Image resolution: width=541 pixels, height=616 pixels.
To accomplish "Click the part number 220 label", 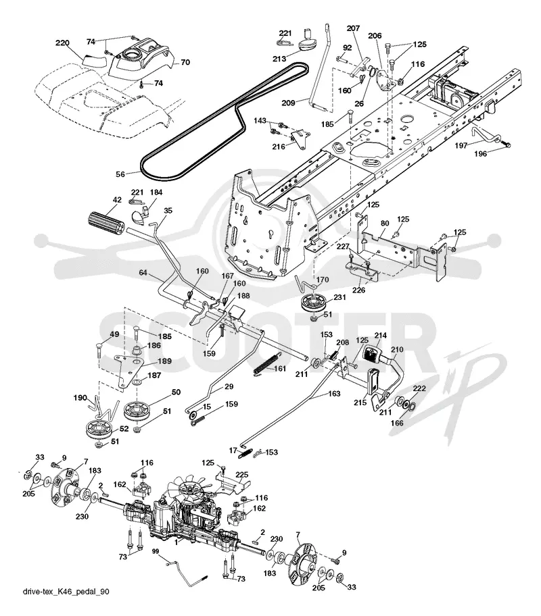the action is pyautogui.click(x=63, y=43).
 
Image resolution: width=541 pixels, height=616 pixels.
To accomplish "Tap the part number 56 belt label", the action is pyautogui.click(x=120, y=174).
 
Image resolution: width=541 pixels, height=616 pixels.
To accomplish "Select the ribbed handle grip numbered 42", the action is pyautogui.click(x=105, y=224).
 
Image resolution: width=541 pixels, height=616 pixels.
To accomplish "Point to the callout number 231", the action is pyautogui.click(x=339, y=297).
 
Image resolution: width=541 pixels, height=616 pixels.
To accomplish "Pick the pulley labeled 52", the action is pyautogui.click(x=101, y=430).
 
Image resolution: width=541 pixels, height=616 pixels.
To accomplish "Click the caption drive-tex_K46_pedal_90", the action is pyautogui.click(x=66, y=592).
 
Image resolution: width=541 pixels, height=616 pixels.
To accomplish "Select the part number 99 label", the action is pyautogui.click(x=156, y=551).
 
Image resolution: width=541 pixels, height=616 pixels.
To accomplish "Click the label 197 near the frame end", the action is pyautogui.click(x=461, y=145).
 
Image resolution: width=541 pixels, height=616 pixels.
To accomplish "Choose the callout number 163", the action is pyautogui.click(x=334, y=394).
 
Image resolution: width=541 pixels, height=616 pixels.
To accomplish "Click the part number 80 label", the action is pyautogui.click(x=385, y=224).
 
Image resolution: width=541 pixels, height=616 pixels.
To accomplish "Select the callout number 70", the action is pyautogui.click(x=185, y=62).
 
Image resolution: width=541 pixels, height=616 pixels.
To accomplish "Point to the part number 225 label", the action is pyautogui.click(x=242, y=475).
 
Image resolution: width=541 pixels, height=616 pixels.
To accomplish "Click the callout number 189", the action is pyautogui.click(x=164, y=361).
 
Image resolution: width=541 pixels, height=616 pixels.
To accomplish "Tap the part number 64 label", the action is pyautogui.click(x=143, y=272).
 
